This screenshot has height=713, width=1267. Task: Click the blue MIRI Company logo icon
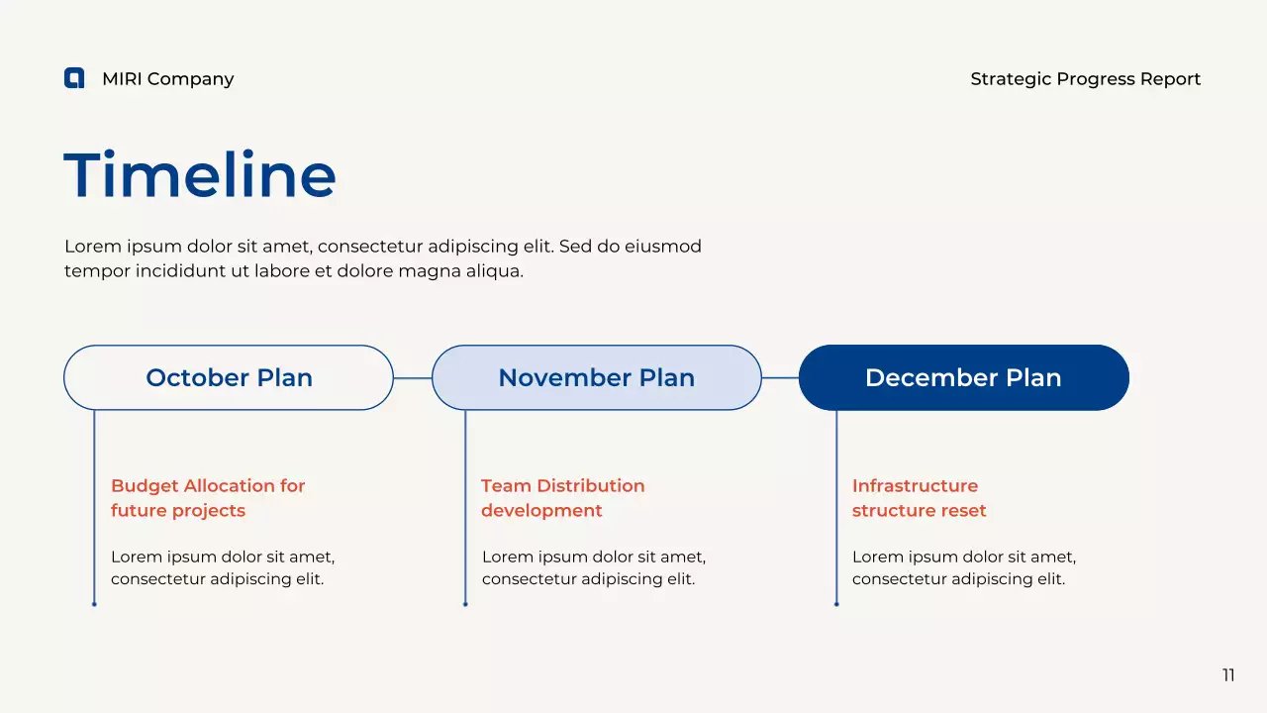click(x=74, y=78)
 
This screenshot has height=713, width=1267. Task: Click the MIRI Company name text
click(x=168, y=79)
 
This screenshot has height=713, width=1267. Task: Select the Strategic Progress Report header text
click(x=1086, y=79)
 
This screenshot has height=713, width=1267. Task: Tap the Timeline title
click(x=200, y=174)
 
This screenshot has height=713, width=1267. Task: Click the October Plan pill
click(x=229, y=377)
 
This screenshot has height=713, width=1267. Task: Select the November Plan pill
click(x=597, y=377)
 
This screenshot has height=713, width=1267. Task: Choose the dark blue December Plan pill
click(x=964, y=377)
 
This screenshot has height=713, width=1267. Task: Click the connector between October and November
click(x=413, y=378)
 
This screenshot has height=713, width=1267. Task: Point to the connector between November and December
click(x=780, y=378)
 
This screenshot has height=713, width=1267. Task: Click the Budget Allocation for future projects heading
click(x=208, y=498)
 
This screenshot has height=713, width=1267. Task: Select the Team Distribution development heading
click(x=563, y=498)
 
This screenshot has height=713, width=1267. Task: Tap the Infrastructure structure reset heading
click(x=920, y=498)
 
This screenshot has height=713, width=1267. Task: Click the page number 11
click(x=1228, y=675)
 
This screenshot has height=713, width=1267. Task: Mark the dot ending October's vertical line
click(x=94, y=604)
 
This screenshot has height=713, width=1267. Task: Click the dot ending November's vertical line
click(x=465, y=604)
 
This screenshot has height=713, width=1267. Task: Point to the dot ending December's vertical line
click(x=836, y=604)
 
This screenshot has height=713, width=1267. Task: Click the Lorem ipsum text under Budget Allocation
click(x=223, y=567)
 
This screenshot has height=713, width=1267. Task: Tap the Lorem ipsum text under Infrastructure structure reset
click(x=964, y=567)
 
